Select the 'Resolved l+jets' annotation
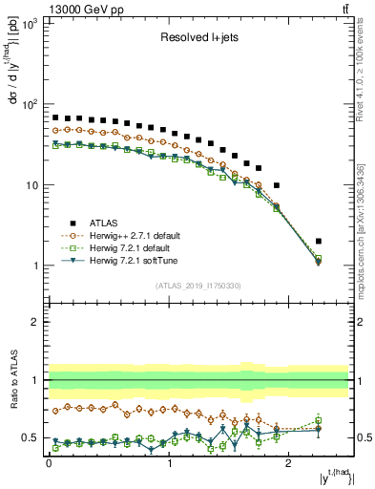pos(198,39)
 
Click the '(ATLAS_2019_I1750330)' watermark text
pos(198,286)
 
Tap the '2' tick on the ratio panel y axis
pos(36,323)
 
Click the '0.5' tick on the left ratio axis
pos(31,438)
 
